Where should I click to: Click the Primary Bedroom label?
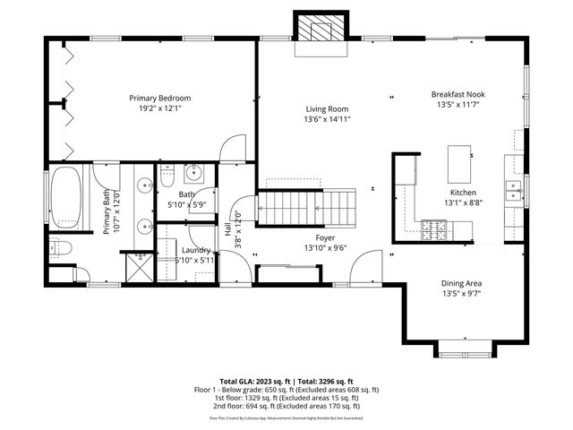pos(160,98)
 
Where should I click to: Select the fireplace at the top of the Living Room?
pos(320,31)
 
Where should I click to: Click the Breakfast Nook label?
pos(458,93)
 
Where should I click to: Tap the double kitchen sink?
pos(514,189)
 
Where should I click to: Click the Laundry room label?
pos(195,250)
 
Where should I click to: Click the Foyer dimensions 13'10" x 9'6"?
pos(326,248)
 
